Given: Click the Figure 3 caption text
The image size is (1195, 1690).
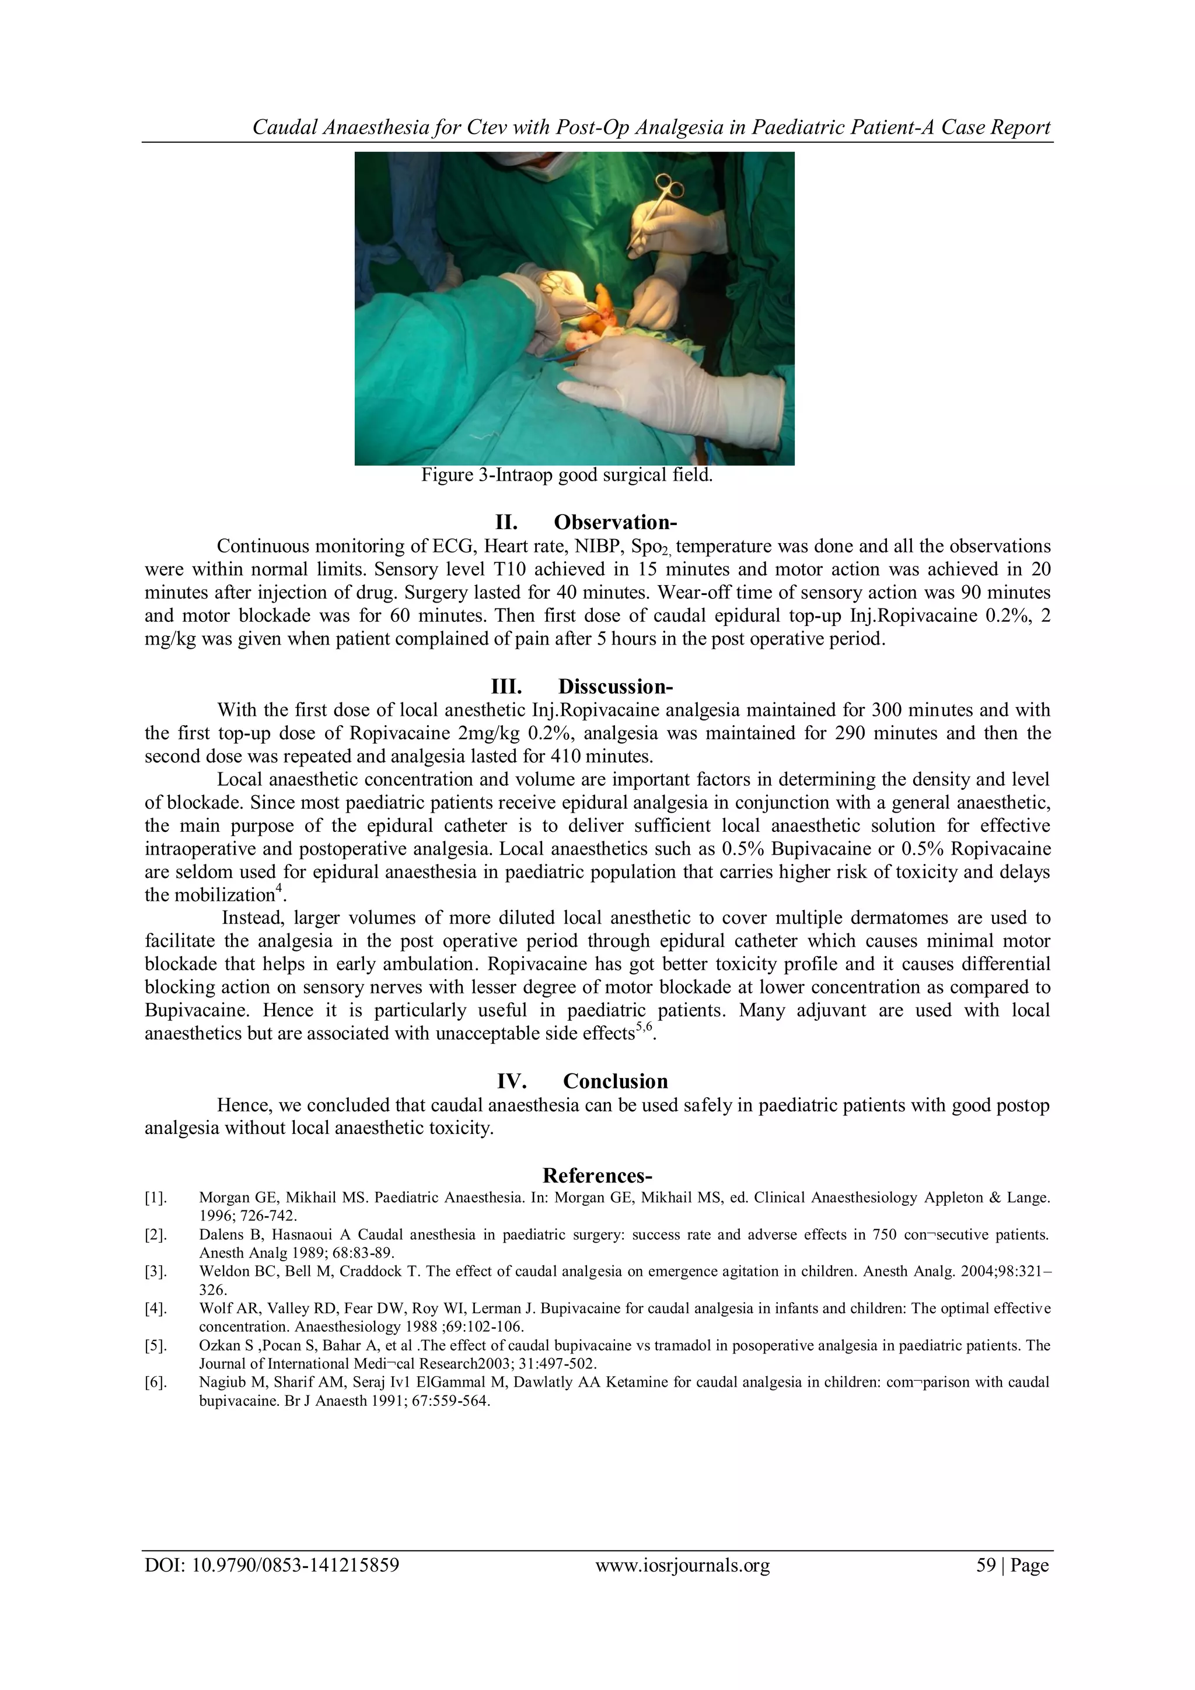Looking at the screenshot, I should (566, 475).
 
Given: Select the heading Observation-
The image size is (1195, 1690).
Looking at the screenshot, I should (615, 523).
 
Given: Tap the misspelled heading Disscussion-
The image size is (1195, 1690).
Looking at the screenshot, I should (615, 687).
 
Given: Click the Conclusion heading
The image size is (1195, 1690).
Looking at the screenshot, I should (615, 1082).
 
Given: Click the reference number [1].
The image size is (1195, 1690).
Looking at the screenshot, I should (155, 1198).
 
